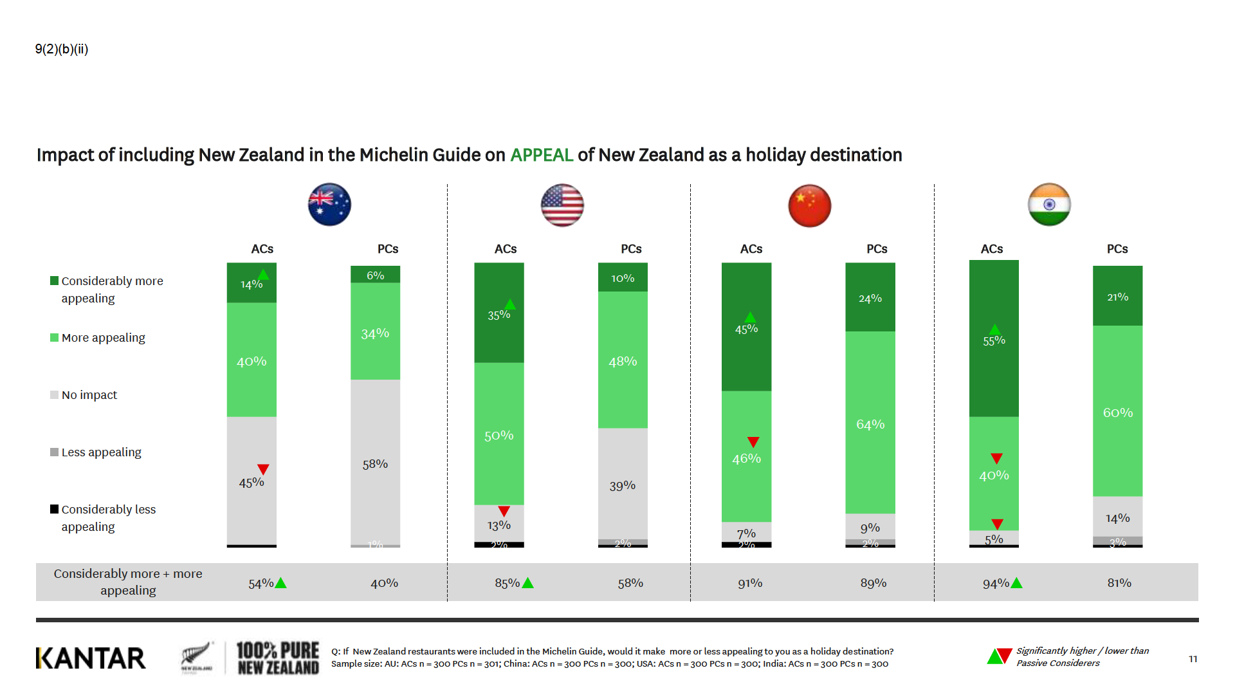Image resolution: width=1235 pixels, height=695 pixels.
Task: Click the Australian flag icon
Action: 329,205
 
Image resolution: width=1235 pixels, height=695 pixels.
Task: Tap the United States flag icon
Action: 562,205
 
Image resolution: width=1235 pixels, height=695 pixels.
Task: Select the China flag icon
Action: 809,205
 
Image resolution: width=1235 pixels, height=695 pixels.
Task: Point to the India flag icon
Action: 1049,205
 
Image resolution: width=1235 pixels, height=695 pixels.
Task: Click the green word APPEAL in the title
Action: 541,155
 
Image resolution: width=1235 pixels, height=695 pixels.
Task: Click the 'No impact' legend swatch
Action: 54,395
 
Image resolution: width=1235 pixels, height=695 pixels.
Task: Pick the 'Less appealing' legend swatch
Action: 54,452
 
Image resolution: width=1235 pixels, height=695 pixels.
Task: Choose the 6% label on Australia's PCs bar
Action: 375,275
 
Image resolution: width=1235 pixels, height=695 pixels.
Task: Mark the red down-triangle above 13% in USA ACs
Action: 504,511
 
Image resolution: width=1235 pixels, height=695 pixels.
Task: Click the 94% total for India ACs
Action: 995,584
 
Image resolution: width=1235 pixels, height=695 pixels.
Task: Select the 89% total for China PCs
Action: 873,583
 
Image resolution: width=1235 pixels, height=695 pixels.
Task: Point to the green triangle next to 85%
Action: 528,583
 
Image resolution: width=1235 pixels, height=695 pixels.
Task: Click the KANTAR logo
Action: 91,658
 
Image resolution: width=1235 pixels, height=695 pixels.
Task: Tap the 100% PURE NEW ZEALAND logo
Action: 277,658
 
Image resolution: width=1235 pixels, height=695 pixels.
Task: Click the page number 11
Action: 1193,659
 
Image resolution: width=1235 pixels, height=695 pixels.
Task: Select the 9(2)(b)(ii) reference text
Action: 62,50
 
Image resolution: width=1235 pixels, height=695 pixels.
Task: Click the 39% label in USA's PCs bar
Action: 622,486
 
